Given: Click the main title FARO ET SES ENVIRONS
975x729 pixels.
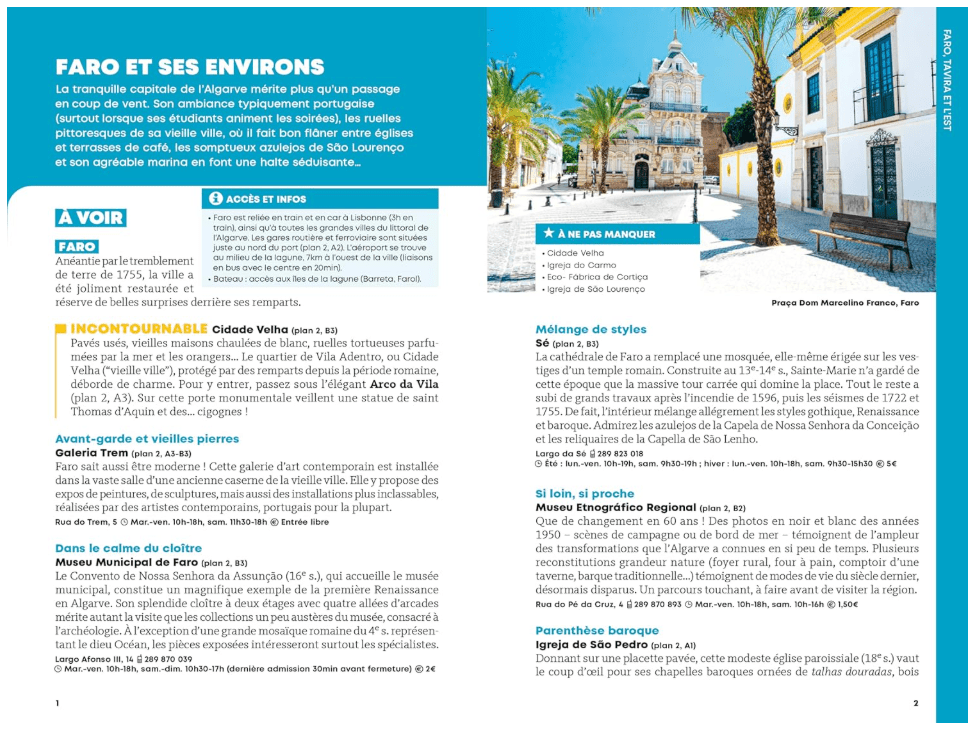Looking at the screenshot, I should [x=190, y=68].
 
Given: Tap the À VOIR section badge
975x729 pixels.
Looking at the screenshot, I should [x=90, y=218].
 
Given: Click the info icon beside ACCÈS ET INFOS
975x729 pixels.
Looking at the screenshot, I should [x=215, y=199].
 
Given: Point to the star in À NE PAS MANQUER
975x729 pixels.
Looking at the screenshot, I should [x=549, y=234].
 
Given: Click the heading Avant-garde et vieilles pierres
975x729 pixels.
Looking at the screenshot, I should [x=147, y=438].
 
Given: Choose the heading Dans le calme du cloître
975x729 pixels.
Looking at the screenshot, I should [x=128, y=548].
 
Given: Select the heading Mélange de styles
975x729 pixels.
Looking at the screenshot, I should [x=590, y=329].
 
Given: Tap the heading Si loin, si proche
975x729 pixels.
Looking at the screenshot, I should [x=584, y=494].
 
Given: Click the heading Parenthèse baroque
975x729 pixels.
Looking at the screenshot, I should [x=597, y=631].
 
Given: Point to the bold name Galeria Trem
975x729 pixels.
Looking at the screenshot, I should [x=92, y=453].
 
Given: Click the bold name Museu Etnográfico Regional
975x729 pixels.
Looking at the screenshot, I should [x=615, y=508].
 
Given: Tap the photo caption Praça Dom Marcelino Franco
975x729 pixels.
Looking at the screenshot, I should [x=844, y=302].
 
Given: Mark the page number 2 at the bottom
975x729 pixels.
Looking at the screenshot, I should [x=915, y=703].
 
